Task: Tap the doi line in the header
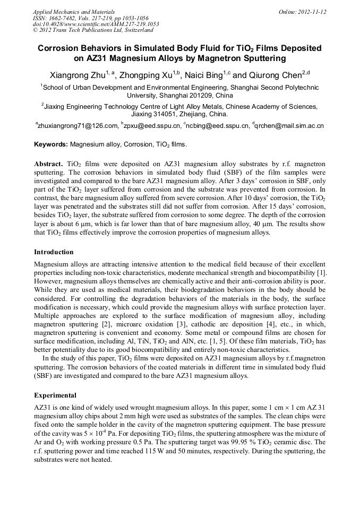pos(96,24)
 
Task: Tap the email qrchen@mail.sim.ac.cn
pos(289,126)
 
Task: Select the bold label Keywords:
pos(51,144)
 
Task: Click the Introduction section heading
pos(54,252)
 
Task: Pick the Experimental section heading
pos(55,395)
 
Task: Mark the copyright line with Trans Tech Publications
pos(93,30)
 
